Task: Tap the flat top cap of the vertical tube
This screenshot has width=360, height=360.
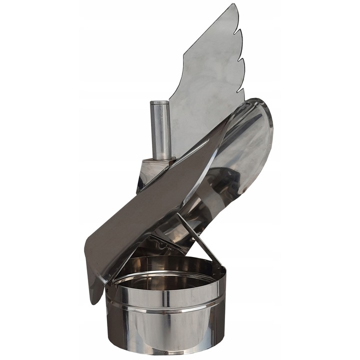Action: (160, 103)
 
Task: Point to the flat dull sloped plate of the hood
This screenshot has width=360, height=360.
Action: (145, 210)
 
